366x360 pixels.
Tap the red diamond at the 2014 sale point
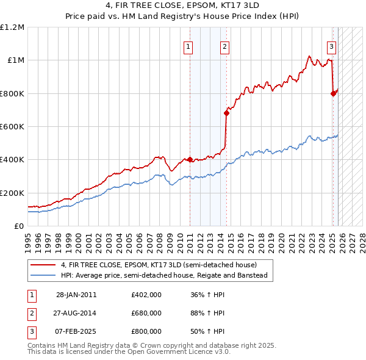226,113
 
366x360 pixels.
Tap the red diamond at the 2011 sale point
190,159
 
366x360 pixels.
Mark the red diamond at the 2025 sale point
333,93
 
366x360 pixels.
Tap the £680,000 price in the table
146,313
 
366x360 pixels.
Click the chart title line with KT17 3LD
182,7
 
